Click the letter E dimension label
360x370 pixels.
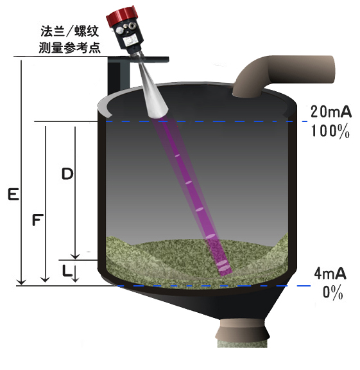point(13,194)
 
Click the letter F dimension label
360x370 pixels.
point(38,220)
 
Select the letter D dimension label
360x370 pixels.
point(67,174)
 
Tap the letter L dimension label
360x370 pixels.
point(67,270)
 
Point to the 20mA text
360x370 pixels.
point(330,112)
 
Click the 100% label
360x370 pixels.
point(330,131)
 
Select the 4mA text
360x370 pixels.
point(330,274)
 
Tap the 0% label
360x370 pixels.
point(332,293)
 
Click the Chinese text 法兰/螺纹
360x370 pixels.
point(69,31)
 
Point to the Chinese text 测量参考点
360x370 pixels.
point(69,48)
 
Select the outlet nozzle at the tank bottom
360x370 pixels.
point(243,333)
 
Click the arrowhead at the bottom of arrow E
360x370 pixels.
point(21,281)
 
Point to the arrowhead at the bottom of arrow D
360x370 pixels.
point(75,256)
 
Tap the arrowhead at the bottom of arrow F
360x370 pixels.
point(45,279)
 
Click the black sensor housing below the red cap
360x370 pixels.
point(128,36)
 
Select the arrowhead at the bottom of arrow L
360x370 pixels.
point(75,279)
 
